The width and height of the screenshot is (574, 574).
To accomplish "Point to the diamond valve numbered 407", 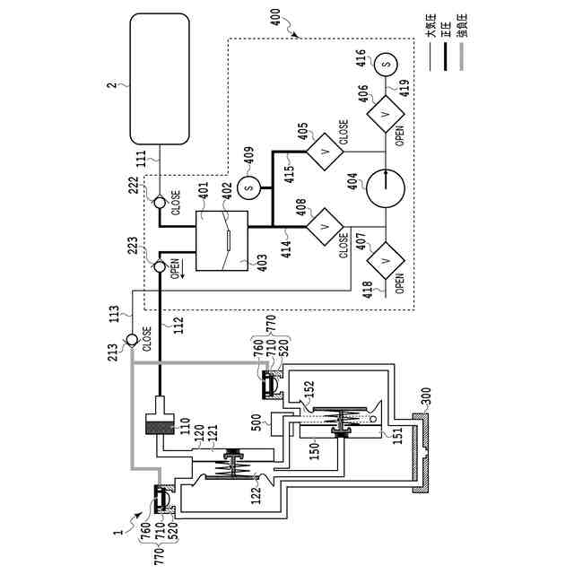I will pos(386,260).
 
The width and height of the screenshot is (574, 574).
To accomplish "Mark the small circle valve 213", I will pos(132,340).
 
